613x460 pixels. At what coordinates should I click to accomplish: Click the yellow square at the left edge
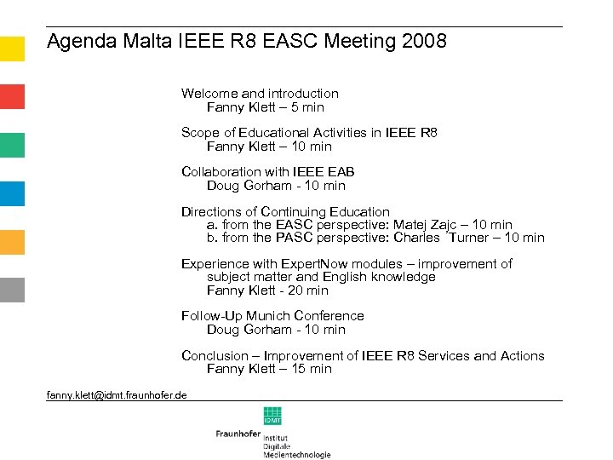(x=12, y=49)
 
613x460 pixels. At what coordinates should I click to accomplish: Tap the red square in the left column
(x=12, y=96)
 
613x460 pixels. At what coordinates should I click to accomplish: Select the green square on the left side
(x=12, y=145)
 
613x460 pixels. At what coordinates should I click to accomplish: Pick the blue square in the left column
(x=12, y=193)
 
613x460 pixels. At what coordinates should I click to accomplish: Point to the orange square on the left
(x=12, y=242)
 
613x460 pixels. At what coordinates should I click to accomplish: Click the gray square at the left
(x=12, y=290)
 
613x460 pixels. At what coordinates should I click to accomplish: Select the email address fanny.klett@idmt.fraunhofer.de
(x=117, y=395)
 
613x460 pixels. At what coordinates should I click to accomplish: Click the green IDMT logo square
(x=272, y=416)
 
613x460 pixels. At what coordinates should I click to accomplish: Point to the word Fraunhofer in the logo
(x=238, y=434)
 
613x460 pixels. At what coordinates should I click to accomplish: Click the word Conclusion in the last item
(x=215, y=356)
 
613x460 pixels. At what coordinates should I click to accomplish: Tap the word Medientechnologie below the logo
(x=296, y=455)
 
